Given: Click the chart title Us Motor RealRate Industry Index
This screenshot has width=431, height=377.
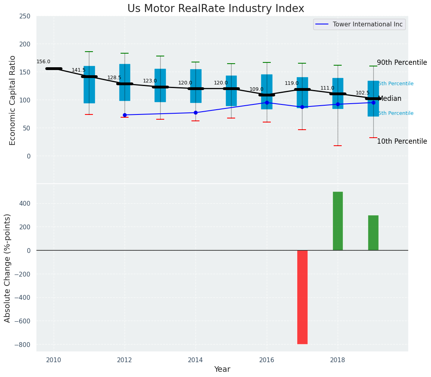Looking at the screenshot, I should [215, 9].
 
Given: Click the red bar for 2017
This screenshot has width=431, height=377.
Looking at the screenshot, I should [302, 297].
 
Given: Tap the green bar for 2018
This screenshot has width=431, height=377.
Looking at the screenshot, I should [338, 221].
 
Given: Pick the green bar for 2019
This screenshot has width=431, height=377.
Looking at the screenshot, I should [373, 233].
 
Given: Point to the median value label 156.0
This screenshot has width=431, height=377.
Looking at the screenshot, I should [43, 62].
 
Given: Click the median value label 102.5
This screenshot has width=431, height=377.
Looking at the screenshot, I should [363, 93].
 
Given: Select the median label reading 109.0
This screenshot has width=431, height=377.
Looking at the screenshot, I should [256, 89].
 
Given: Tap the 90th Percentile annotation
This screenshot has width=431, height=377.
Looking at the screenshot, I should [402, 62].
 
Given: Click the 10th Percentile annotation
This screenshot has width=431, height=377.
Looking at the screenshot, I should [402, 141].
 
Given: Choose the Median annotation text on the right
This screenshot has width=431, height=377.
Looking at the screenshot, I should [389, 98].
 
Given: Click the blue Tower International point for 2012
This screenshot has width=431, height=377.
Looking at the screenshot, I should [125, 115].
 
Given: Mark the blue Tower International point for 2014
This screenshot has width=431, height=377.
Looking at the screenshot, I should [195, 112].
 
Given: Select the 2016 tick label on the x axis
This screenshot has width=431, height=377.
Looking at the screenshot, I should [267, 360].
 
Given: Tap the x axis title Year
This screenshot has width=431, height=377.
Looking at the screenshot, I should [222, 369].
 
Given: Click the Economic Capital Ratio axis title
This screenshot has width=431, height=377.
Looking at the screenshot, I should [12, 100].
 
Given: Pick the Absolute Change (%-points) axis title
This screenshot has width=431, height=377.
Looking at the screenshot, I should [8, 268].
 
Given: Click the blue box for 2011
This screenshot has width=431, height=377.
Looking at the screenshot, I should [89, 85].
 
